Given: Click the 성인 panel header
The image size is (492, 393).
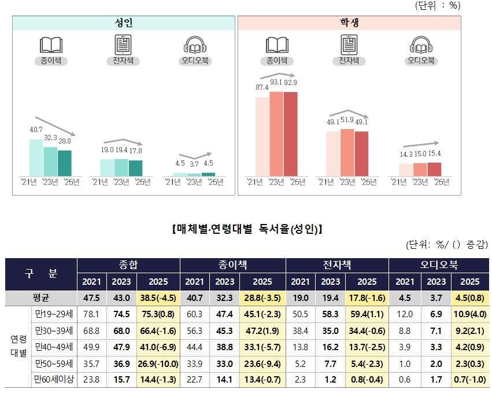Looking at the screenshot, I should coord(124,23).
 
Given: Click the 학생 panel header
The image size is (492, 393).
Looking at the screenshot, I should coord(349,23).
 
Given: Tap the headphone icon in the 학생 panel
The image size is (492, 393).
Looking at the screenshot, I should coord(421,45).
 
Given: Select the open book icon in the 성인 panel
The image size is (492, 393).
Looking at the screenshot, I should coord(51,45).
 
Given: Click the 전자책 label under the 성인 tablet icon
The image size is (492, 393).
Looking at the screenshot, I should coord(123,60).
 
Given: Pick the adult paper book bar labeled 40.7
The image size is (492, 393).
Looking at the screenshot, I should coord(36,157).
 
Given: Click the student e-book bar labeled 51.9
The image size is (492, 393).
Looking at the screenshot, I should coord(347,152).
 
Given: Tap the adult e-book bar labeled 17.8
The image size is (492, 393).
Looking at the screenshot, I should coord(135,168).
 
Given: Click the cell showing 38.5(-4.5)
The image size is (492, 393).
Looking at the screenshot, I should coord(158,298).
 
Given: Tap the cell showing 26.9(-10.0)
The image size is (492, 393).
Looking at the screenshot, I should coord(158,363).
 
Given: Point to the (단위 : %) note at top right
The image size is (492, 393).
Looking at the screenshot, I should coord(437,5).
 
